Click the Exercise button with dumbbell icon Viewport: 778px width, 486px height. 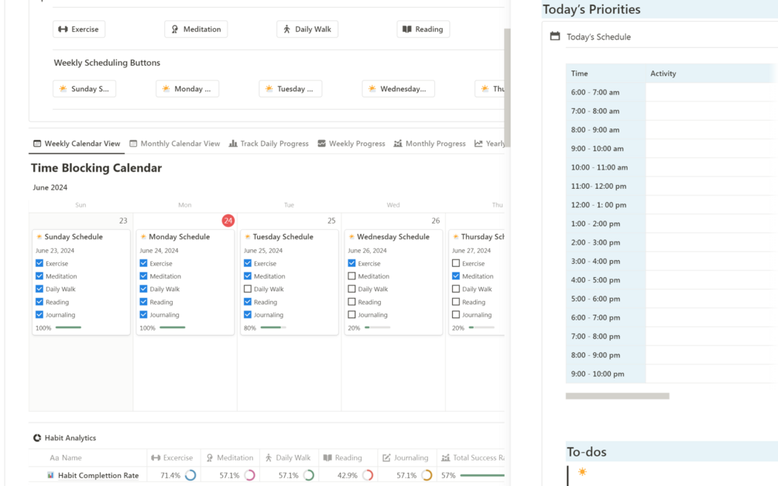click(79, 29)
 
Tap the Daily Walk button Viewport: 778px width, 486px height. click(307, 29)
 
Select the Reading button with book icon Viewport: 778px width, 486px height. click(423, 29)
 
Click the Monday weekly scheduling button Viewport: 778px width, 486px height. click(187, 89)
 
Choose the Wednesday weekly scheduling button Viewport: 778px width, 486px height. click(398, 89)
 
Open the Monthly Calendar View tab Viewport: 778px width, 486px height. click(174, 143)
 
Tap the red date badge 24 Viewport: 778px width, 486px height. click(228, 221)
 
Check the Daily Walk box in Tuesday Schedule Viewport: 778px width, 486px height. click(248, 289)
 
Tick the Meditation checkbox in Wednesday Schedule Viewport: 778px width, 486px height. click(351, 276)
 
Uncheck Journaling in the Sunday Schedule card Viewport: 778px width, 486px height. click(39, 315)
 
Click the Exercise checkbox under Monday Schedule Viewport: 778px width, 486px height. click(143, 263)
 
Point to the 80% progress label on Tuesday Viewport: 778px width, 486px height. click(250, 328)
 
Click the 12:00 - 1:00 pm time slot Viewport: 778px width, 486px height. click(598, 205)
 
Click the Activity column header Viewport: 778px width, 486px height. click(663, 74)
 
